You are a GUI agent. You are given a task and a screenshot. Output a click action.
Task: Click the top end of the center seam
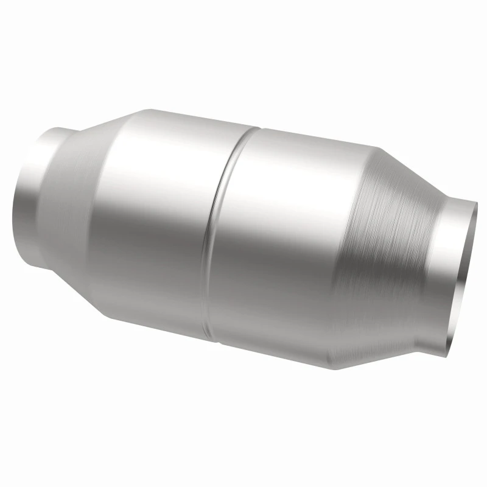coord(258,128)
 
